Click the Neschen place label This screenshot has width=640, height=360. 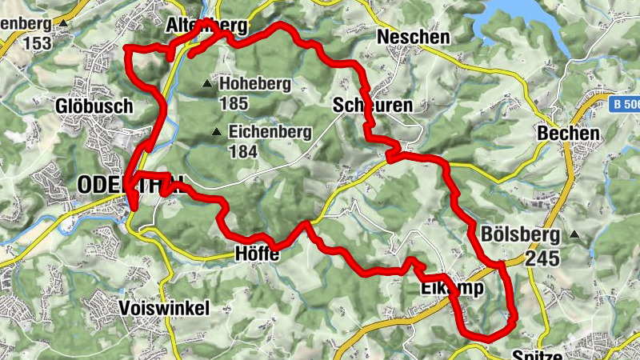pyautogui.click(x=413, y=37)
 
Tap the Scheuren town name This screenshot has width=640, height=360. pyautogui.click(x=372, y=106)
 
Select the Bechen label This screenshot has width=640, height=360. pyautogui.click(x=569, y=134)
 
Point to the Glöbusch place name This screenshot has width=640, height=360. pyautogui.click(x=87, y=106)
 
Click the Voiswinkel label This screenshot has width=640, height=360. pyautogui.click(x=163, y=308)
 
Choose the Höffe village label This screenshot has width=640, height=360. pyautogui.click(x=258, y=255)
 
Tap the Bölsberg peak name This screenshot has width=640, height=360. pyautogui.click(x=521, y=235)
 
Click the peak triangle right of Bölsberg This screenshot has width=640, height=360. pyautogui.click(x=575, y=235)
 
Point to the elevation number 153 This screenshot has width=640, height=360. pyautogui.click(x=38, y=42)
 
